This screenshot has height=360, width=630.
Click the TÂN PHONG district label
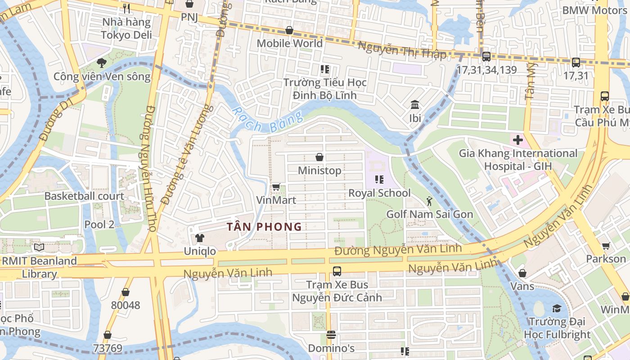pos(264,227)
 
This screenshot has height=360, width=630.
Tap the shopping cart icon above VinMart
pos(276,187)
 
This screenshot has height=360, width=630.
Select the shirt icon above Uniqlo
pos(199,238)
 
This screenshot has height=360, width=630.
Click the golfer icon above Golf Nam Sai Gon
pos(429,201)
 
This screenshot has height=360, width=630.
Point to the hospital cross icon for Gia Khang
pos(517,140)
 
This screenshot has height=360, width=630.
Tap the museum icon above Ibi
pos(415,105)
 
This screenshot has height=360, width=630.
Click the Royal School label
pos(379,193)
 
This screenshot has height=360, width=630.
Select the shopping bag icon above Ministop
pos(319,157)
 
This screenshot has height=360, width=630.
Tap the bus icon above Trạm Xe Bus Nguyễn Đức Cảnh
pos(337,271)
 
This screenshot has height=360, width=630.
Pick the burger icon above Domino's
pos(331,335)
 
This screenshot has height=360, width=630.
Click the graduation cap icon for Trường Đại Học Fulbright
pos(557,308)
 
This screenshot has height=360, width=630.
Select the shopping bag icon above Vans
pos(522,273)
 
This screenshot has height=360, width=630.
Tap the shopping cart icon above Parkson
pos(606,246)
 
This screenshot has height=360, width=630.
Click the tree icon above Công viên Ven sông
pos(102,63)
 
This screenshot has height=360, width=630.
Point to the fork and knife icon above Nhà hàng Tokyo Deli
pos(126,8)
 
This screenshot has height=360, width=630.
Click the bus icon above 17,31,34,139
pos(486,57)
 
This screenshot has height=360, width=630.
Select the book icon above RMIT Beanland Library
pos(39,247)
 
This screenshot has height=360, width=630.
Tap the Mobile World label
pos(289,43)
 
